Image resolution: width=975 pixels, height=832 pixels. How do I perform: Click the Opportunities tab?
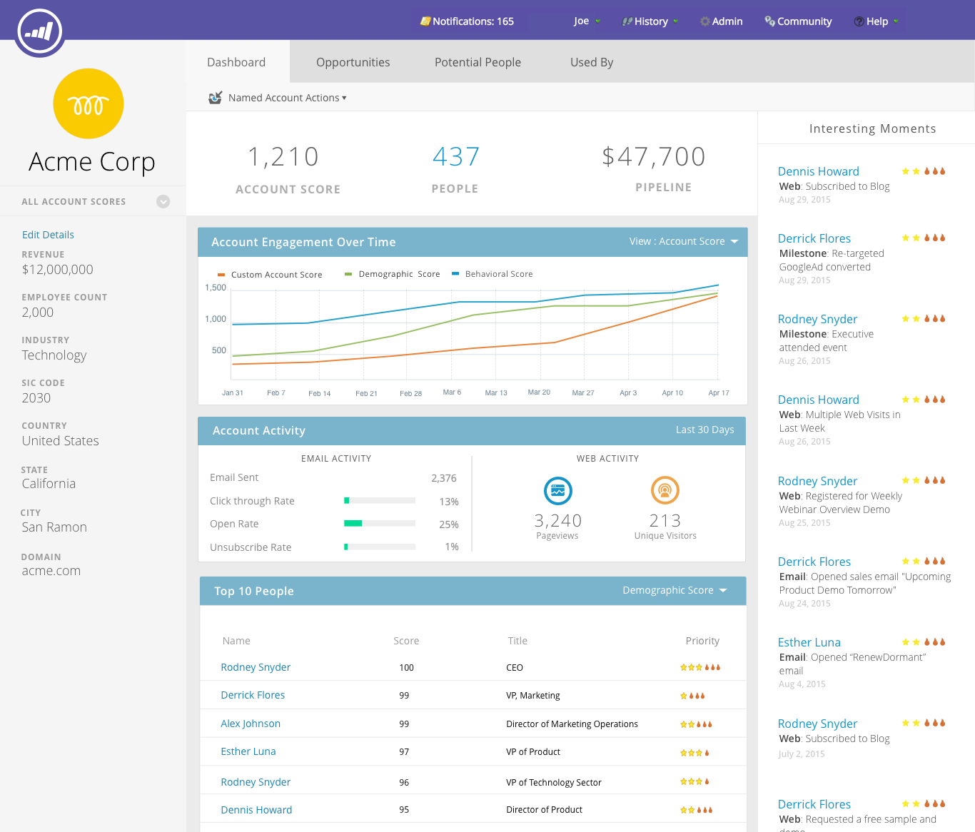pos(353,62)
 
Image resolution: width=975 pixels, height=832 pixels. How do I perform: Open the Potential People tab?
pos(478,62)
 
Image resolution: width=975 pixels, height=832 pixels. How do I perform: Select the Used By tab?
pos(592,62)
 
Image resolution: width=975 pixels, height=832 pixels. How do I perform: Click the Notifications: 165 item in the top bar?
pos(468,21)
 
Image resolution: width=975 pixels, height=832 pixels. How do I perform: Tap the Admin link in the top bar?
pos(722,21)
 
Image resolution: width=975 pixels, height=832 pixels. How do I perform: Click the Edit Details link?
pos(48,235)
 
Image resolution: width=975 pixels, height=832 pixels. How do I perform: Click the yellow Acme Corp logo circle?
pos(89,103)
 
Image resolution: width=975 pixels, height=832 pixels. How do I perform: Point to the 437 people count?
pos(455,157)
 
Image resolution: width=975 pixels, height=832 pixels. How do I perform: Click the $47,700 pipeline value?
pos(654,157)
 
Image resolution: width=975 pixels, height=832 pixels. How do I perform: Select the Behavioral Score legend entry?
pos(498,274)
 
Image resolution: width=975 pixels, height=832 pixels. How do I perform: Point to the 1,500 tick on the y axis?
pos(216,288)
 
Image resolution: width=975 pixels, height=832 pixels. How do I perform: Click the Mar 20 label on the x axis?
pos(539,392)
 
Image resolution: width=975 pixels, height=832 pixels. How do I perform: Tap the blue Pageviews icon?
pos(558,491)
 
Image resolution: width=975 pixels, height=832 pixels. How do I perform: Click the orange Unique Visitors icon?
pos(665,490)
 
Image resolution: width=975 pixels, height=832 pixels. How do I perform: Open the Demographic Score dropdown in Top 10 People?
pos(675,590)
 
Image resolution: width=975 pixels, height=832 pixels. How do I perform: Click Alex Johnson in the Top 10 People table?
pos(251,724)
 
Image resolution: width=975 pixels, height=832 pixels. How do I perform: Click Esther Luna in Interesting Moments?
pos(809,642)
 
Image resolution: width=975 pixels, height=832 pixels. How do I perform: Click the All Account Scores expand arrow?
pos(163,202)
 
